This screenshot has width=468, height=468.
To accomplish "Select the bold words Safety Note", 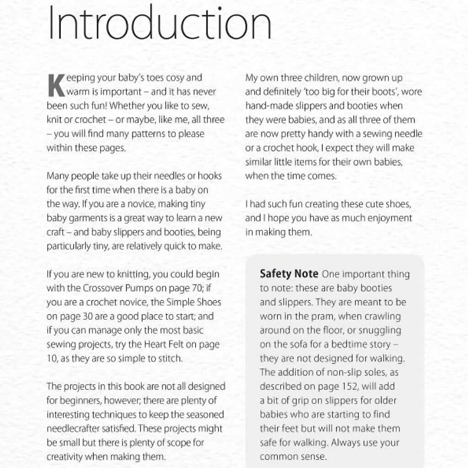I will pyautogui.click(x=289, y=274).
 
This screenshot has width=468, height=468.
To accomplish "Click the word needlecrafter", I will pyautogui.click(x=76, y=428).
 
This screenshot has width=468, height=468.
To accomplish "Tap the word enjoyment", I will pyautogui.click(x=389, y=218).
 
